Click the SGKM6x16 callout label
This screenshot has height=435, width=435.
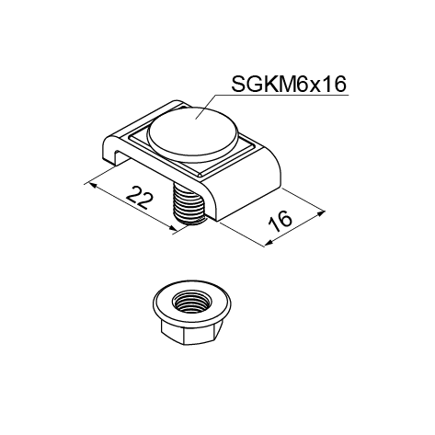click(x=289, y=84)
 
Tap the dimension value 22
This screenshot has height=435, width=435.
click(x=140, y=198)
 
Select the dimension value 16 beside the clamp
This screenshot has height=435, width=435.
click(x=280, y=222)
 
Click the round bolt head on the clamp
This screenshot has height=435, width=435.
click(x=193, y=131)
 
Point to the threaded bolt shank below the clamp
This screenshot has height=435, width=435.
click(x=189, y=204)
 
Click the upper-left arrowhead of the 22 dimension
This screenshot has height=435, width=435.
click(x=92, y=185)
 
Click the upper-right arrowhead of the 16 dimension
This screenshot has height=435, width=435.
click(x=320, y=213)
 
